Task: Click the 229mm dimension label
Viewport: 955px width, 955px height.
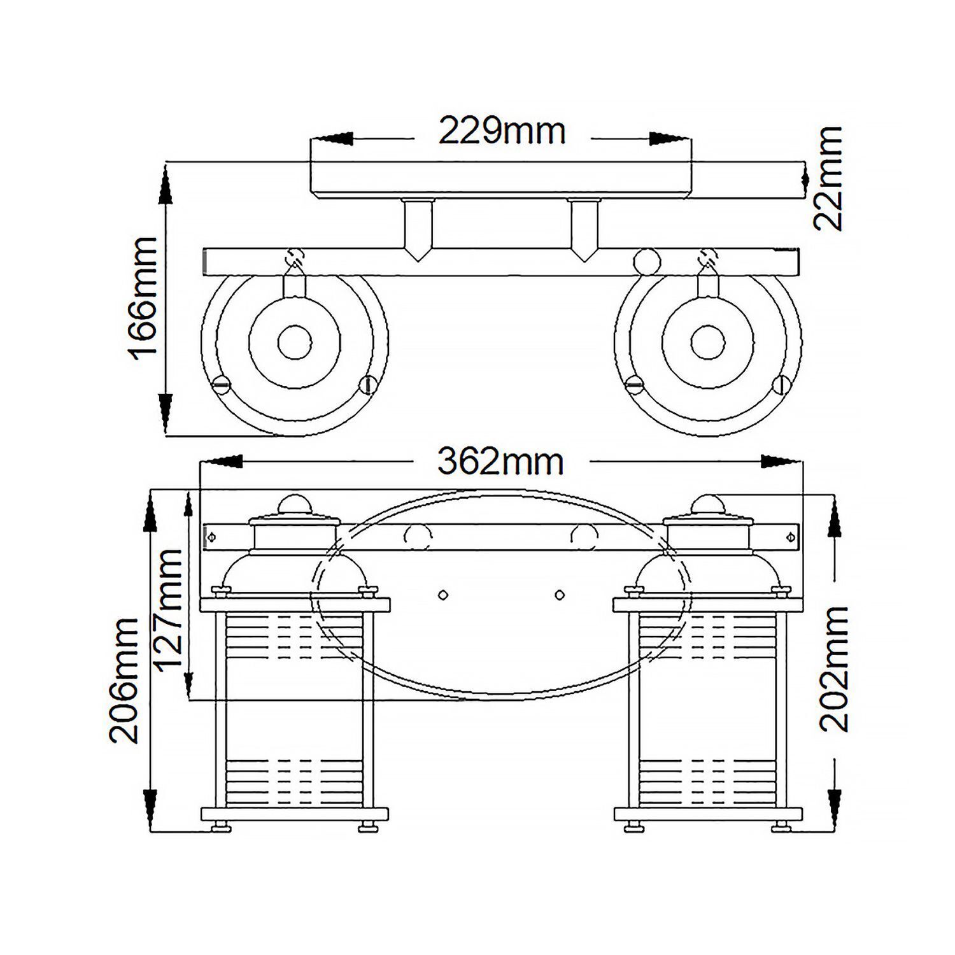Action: pyautogui.click(x=502, y=132)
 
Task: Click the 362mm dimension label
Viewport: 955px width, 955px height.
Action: pyautogui.click(x=500, y=462)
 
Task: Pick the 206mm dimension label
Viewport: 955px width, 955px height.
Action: pyautogui.click(x=124, y=680)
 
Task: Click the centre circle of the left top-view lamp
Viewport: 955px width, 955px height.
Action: pyautogui.click(x=295, y=341)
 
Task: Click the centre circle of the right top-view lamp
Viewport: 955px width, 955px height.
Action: pyautogui.click(x=707, y=341)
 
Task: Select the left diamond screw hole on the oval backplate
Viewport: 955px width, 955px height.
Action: pyautogui.click(x=443, y=595)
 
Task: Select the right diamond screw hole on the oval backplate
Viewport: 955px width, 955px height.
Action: pyautogui.click(x=560, y=595)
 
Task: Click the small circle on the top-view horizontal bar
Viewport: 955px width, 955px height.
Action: pyautogui.click(x=646, y=261)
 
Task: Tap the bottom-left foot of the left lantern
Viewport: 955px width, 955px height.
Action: pyautogui.click(x=221, y=827)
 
